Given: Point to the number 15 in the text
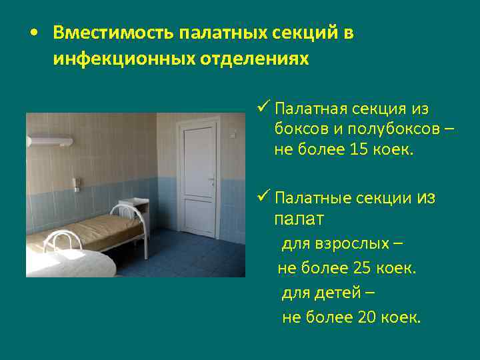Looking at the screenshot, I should tap(358, 150).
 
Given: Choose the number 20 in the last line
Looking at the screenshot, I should tap(367, 317).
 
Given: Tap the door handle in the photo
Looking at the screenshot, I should tap(211, 180).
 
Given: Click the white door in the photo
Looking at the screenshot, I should tap(199, 180).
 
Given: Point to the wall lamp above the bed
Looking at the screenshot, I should tap(50, 141).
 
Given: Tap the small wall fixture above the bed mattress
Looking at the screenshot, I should tap(77, 182).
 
